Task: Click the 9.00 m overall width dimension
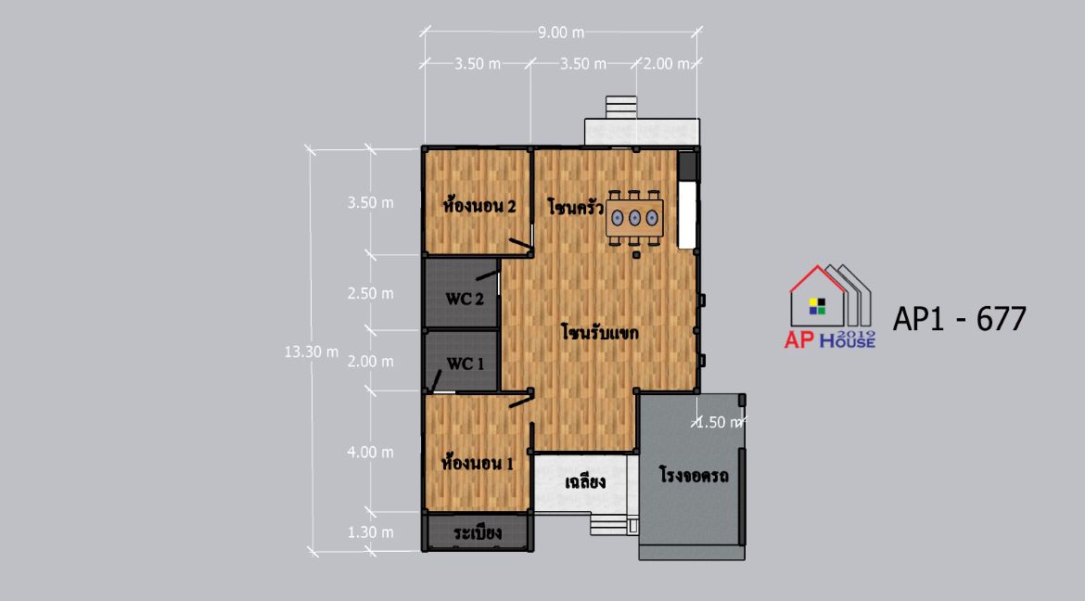coord(561,32)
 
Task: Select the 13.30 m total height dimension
coord(312,352)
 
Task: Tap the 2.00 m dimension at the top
coord(667,64)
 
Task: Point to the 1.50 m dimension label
coord(720,422)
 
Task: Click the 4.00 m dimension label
coord(370,452)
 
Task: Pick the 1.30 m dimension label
coord(370,532)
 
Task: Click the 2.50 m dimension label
coord(370,294)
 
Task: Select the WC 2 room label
coord(465,300)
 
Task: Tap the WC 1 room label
coord(465,364)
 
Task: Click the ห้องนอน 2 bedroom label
coord(479,206)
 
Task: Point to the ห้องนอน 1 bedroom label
coord(478,463)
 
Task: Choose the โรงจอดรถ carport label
coord(694,476)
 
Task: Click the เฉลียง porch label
coord(585,482)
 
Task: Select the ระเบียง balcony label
coord(479,533)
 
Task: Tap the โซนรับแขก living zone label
coord(600,332)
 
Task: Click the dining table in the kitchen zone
coord(634,218)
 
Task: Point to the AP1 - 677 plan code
coord(960,319)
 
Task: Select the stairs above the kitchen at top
coord(620,108)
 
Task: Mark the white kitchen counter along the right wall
coord(686,214)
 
